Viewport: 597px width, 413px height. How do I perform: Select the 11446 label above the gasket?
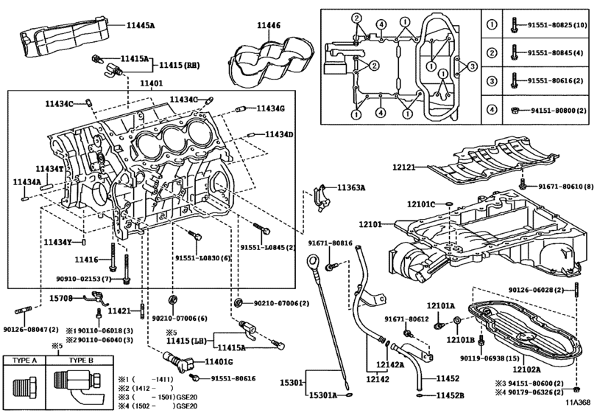(268, 26)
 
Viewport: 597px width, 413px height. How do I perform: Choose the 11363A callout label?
(351, 188)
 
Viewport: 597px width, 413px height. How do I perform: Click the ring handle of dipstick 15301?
(312, 260)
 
